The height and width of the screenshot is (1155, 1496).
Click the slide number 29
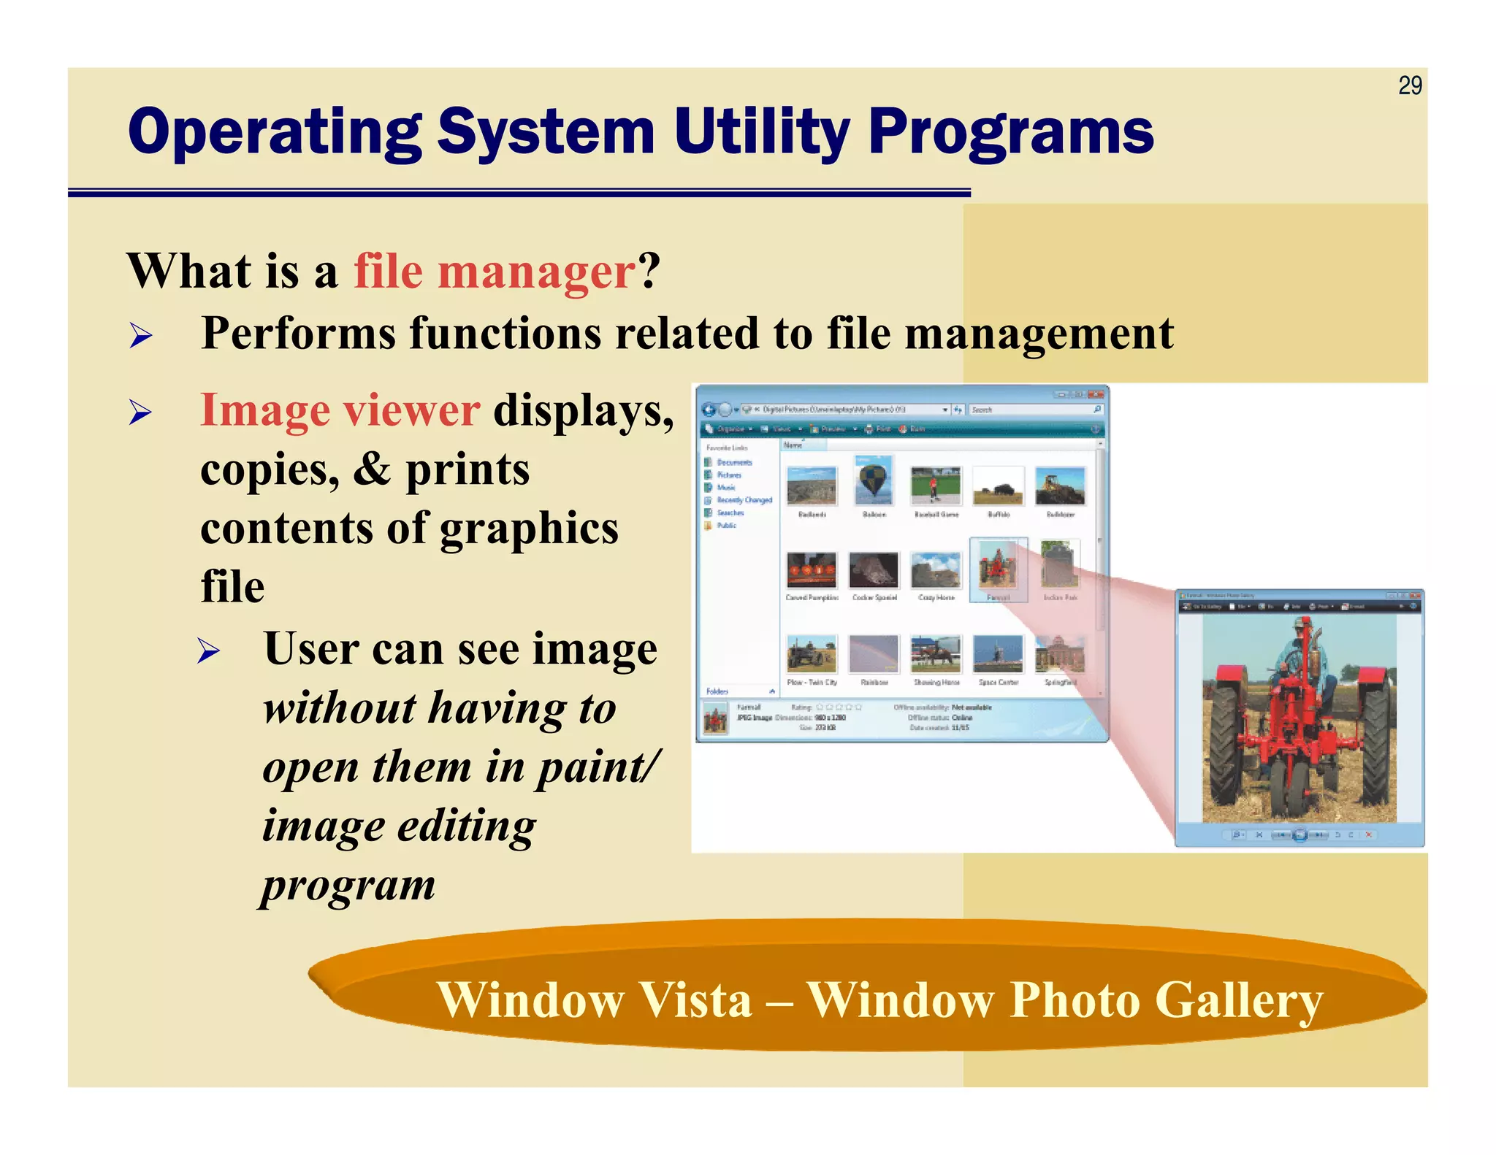pos(1409,86)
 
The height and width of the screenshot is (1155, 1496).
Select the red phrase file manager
pos(495,272)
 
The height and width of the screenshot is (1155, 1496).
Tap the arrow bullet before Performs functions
pos(140,336)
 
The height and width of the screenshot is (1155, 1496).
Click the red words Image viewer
pos(340,410)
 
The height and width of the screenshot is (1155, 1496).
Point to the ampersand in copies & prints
pos(372,469)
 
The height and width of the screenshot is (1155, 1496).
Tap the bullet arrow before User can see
pos(208,651)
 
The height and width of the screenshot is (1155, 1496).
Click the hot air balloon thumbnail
pos(874,480)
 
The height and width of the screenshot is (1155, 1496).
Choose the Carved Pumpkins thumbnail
pos(811,570)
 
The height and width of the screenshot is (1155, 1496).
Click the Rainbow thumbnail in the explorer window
pos(874,654)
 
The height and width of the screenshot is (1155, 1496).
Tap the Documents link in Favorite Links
pos(733,462)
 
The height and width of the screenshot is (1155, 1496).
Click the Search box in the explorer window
pos(1030,410)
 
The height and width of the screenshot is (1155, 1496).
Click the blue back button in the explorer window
pos(708,410)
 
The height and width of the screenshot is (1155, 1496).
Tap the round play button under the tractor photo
pos(1300,834)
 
